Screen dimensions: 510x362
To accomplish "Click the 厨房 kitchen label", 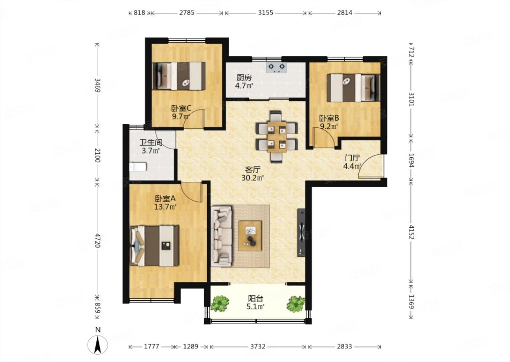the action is pos(244,78).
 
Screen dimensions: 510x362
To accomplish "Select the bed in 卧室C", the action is pos(179,76).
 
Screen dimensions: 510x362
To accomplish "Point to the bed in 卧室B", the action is pos(353,88).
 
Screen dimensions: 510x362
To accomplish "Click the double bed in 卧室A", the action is pos(154,246).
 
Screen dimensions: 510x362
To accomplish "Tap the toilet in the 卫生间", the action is pos(138,167).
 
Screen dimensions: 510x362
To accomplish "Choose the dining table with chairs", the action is pos(277,136).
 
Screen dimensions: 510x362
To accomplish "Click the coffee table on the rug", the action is pos(250,236).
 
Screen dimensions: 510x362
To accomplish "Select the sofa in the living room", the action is pos(221,236).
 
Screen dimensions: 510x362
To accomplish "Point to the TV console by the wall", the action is pos(301,233).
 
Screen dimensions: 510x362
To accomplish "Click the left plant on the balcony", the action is pos(220,303).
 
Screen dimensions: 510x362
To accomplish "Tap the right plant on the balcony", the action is pos(295,304).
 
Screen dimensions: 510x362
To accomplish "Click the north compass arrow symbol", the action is pos(98,345).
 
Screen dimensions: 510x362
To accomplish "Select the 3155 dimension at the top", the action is pos(266,13).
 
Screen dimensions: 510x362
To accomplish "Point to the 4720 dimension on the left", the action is pos(97,240).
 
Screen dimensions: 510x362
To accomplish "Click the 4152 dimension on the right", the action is pos(411,232).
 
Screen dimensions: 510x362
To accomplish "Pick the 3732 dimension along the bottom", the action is pos(258,346).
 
